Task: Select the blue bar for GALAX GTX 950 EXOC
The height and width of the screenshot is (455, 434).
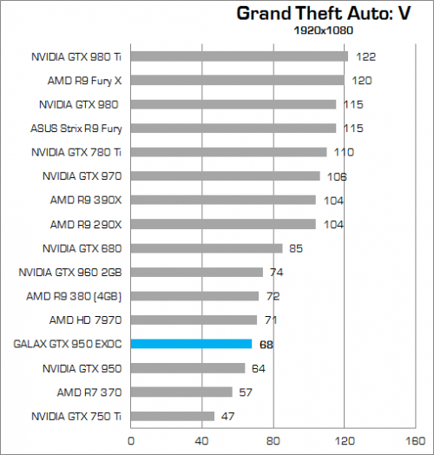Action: pyautogui.click(x=191, y=344)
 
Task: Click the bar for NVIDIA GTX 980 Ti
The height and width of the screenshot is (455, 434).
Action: pyautogui.click(x=239, y=56)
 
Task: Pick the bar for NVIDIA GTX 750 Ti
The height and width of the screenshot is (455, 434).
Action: pyautogui.click(x=172, y=416)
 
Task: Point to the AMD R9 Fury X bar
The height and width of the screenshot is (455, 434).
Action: pyautogui.click(x=237, y=80)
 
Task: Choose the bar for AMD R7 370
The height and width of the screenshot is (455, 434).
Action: pyautogui.click(x=181, y=392)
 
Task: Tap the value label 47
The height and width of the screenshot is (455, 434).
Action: pyautogui.click(x=227, y=416)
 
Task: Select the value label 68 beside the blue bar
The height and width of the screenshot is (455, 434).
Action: pyautogui.click(x=266, y=344)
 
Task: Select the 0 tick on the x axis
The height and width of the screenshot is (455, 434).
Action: pyautogui.click(x=130, y=440)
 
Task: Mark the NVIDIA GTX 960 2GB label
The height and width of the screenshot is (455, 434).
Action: pyautogui.click(x=70, y=272)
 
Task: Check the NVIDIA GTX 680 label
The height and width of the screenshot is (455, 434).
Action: pyautogui.click(x=82, y=248)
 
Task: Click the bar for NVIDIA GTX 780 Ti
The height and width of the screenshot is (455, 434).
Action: pyautogui.click(x=228, y=152)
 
